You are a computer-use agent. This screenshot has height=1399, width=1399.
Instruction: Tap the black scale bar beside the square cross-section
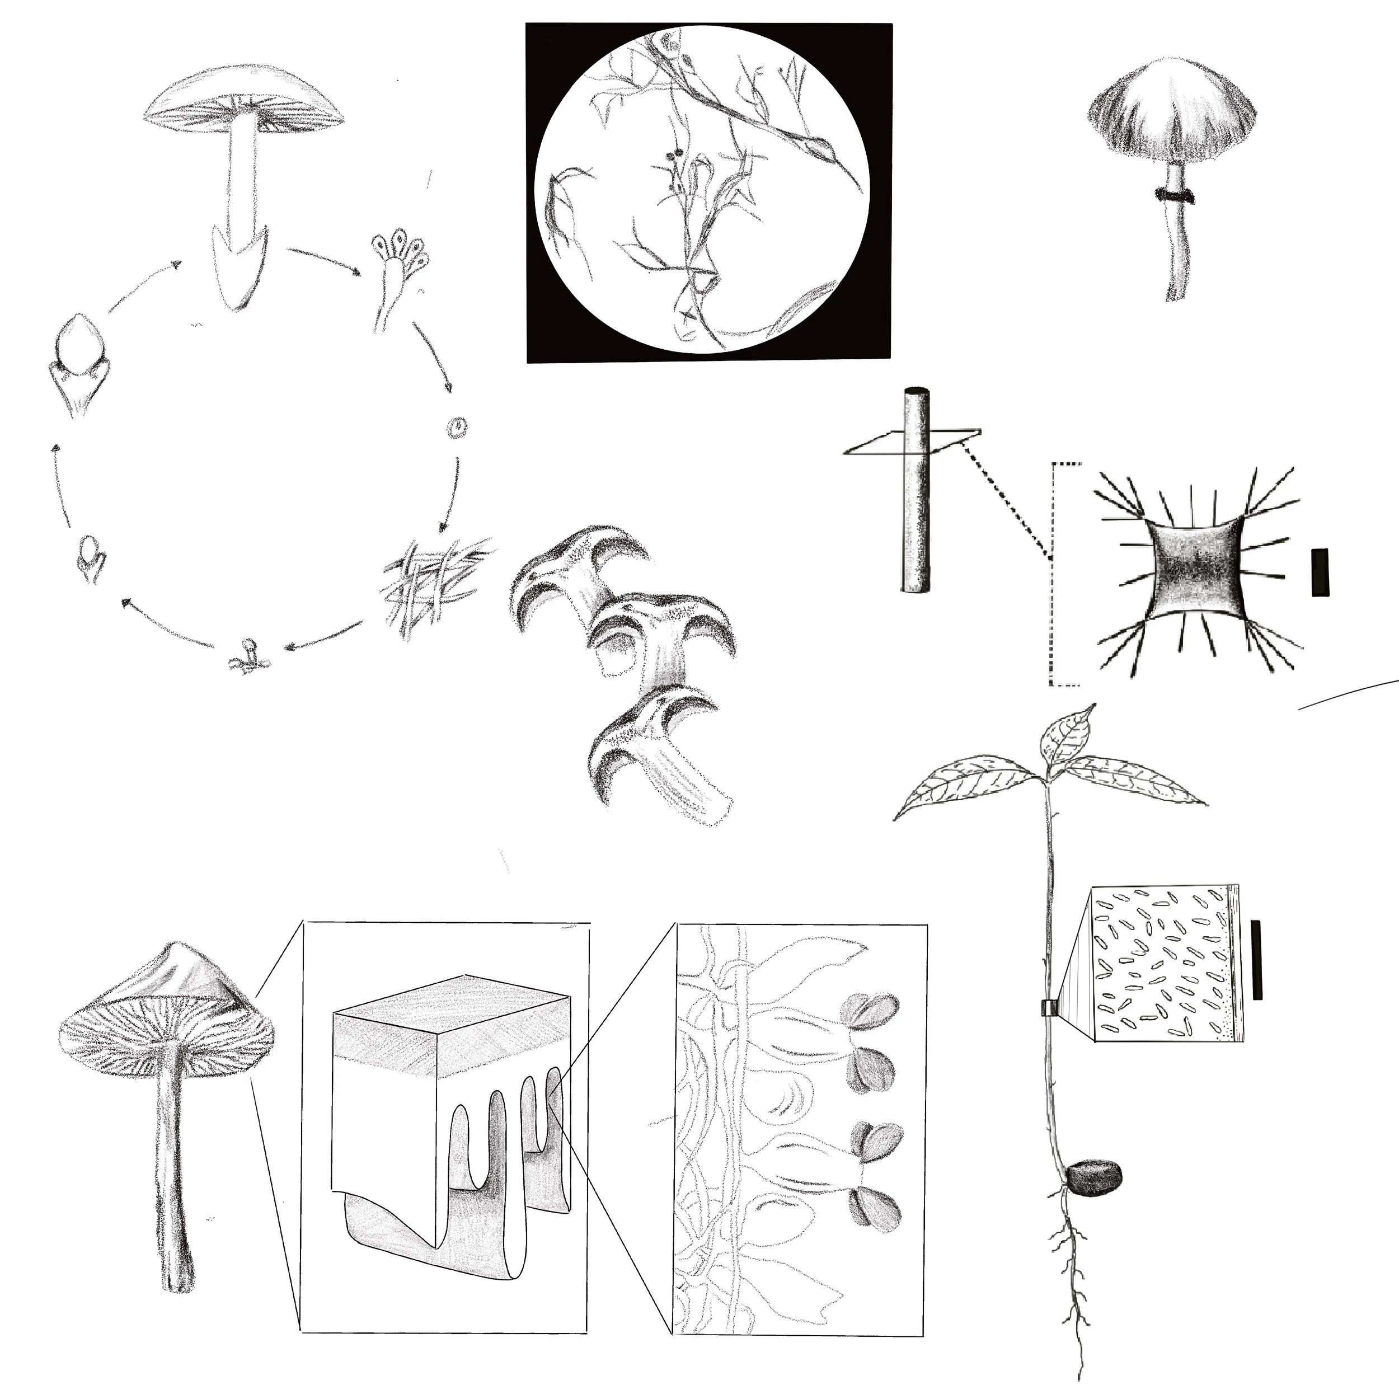pos(1320,572)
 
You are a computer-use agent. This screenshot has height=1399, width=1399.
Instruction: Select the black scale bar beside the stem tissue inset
pos(1257,960)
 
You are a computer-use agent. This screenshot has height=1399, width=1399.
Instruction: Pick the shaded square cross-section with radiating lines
pos(1195,569)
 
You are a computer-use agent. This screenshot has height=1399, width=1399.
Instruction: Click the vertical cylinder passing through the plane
pos(916,492)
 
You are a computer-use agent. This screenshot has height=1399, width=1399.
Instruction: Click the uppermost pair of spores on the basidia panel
pos(872,1011)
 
